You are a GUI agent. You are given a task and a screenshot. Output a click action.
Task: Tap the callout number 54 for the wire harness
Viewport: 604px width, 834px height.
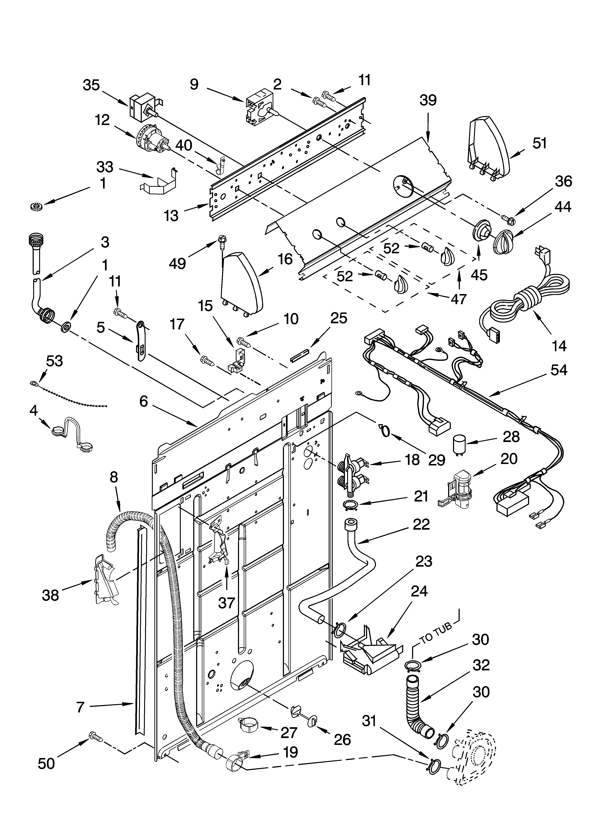tap(559, 370)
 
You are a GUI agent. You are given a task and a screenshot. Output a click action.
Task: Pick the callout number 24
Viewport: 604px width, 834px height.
tap(419, 591)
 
